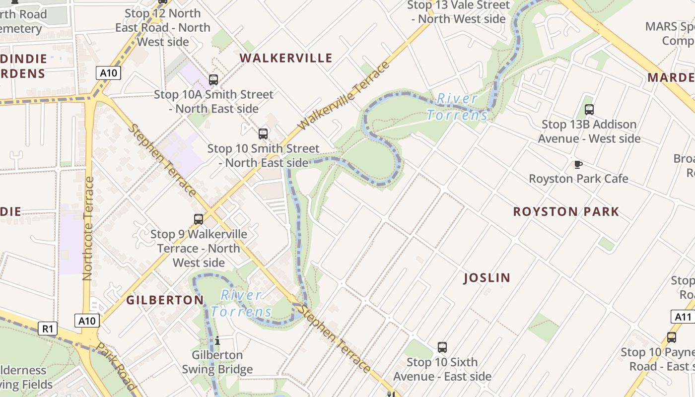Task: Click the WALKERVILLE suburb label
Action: point(286,58)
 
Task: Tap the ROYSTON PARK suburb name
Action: point(566,212)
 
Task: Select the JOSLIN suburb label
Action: point(487,278)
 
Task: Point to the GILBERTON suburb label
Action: point(165,300)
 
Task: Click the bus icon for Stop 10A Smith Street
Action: point(213,79)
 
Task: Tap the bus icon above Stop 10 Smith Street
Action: point(263,133)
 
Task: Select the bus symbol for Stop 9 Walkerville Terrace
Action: point(199,219)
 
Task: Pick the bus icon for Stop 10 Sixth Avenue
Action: point(442,347)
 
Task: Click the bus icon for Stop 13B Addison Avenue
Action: point(589,110)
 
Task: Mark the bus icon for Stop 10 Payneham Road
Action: point(672,337)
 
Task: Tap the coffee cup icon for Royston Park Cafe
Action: point(578,164)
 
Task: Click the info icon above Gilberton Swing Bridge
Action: point(217,340)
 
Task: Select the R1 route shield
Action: point(48,329)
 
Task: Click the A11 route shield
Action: point(683,317)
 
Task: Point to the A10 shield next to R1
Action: point(87,321)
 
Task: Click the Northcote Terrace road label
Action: point(88,228)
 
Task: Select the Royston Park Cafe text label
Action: point(578,179)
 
